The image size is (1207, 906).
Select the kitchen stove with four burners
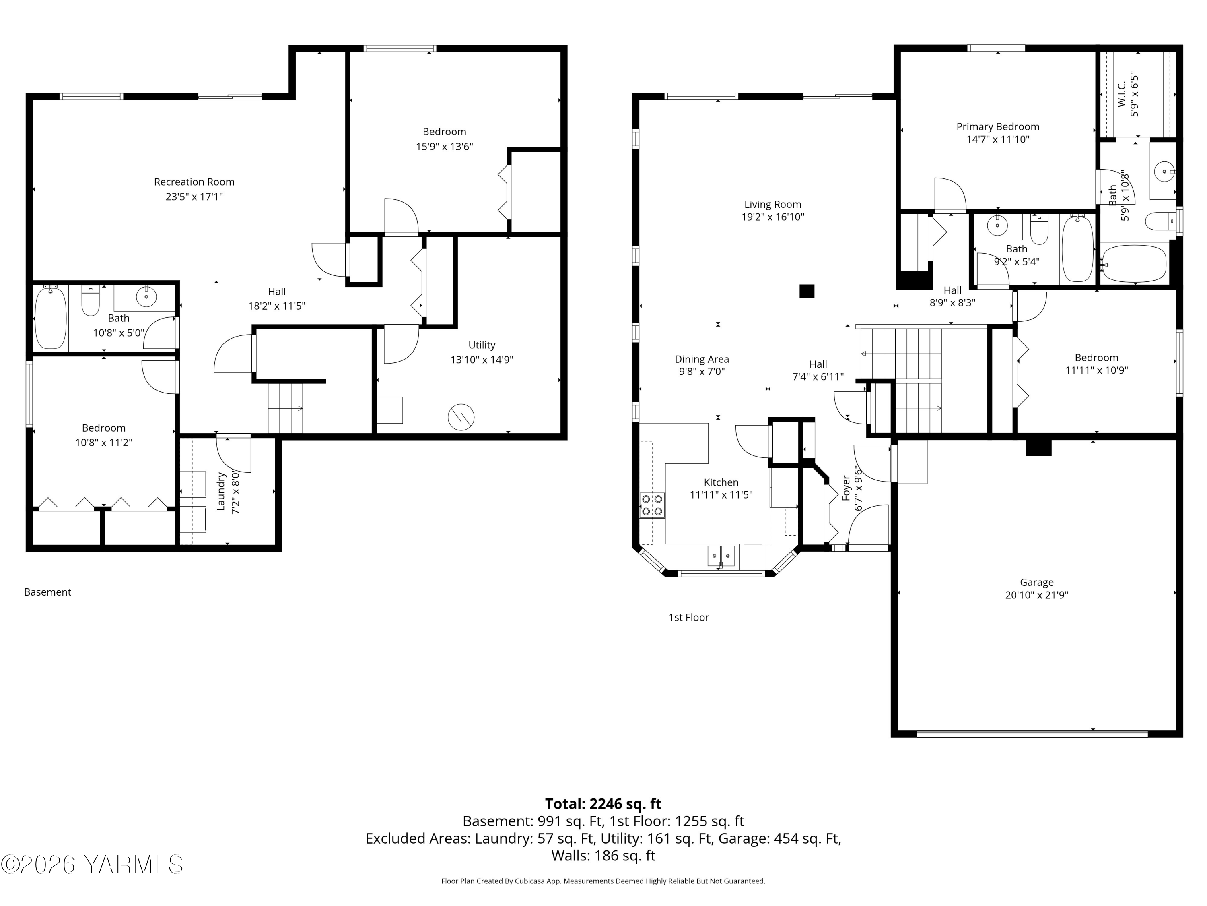652,505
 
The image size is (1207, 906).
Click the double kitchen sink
721,556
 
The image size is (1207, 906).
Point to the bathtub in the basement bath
50,318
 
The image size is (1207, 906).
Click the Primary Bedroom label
997,127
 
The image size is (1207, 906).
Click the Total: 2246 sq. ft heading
603,804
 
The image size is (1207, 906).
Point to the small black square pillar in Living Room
807,291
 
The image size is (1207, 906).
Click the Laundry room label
221,492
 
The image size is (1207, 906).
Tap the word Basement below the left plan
47,592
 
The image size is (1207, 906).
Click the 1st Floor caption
689,617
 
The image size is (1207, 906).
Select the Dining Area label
702,359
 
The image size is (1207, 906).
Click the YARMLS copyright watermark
92,865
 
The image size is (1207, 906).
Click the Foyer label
846,488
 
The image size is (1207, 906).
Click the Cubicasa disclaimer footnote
603,881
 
